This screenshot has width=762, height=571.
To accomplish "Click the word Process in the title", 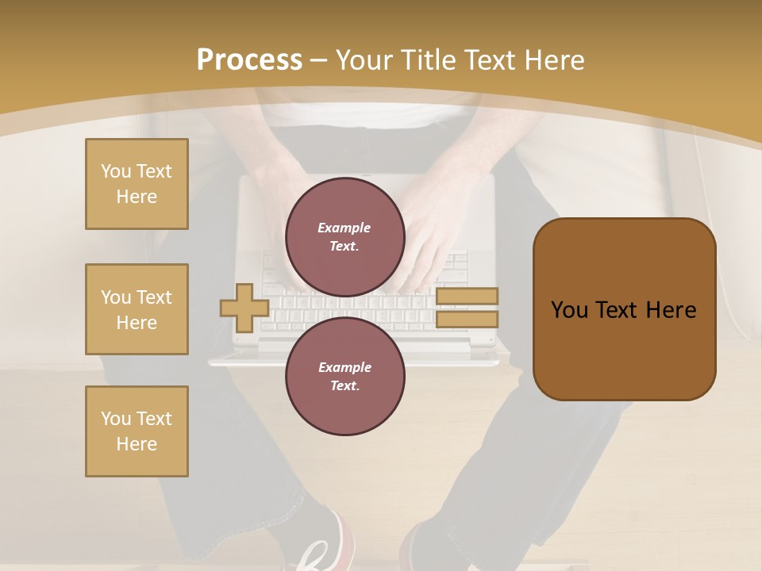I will click(249, 60).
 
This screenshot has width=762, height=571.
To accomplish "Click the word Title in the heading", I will click(428, 60).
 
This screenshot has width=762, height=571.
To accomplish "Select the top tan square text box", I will click(137, 184).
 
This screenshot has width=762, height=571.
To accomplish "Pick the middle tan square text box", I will click(137, 309).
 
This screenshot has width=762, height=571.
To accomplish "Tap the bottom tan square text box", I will click(137, 431).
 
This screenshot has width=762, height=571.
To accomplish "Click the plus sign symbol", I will click(244, 308).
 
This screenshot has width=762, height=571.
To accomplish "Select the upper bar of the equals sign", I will click(468, 297).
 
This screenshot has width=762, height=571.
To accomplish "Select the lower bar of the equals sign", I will click(468, 320).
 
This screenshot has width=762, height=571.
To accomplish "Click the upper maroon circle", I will click(344, 237).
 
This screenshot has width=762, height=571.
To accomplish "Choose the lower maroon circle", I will click(344, 377).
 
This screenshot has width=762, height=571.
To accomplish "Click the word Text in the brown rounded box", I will click(624, 310).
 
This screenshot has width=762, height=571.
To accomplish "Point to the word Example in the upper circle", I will click(344, 228).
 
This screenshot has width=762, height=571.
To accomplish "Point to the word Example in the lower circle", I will click(344, 367).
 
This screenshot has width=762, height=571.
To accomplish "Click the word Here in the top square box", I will click(137, 197).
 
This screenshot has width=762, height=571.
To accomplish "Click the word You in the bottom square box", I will click(116, 419).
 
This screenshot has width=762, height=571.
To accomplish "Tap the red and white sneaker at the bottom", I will click(325, 547).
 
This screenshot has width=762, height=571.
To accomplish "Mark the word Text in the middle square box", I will click(153, 297).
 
